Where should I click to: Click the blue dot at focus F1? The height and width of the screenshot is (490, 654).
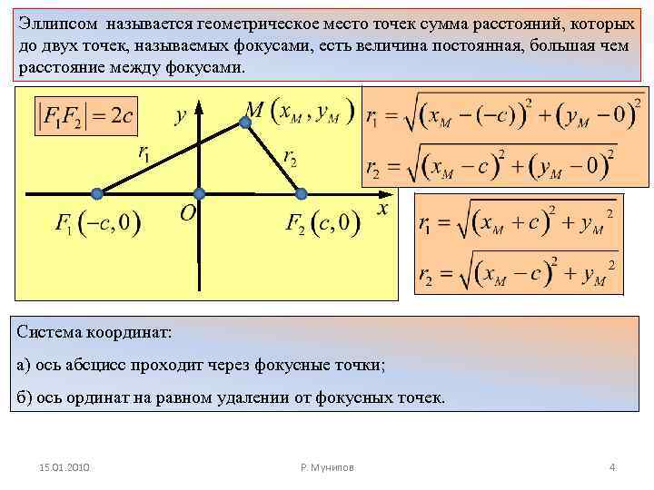tap(97, 193)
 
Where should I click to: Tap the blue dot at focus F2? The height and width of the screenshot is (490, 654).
tap(302, 193)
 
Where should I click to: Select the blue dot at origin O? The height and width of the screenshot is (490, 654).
tap(199, 193)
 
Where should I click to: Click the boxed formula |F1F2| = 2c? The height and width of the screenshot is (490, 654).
tap(86, 116)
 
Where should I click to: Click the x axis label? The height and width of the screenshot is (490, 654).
tap(381, 210)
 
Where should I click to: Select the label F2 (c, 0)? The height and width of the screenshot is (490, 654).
tap(322, 223)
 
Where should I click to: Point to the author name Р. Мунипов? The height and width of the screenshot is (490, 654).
tap(327, 467)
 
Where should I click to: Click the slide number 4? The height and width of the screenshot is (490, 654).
tap(612, 467)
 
